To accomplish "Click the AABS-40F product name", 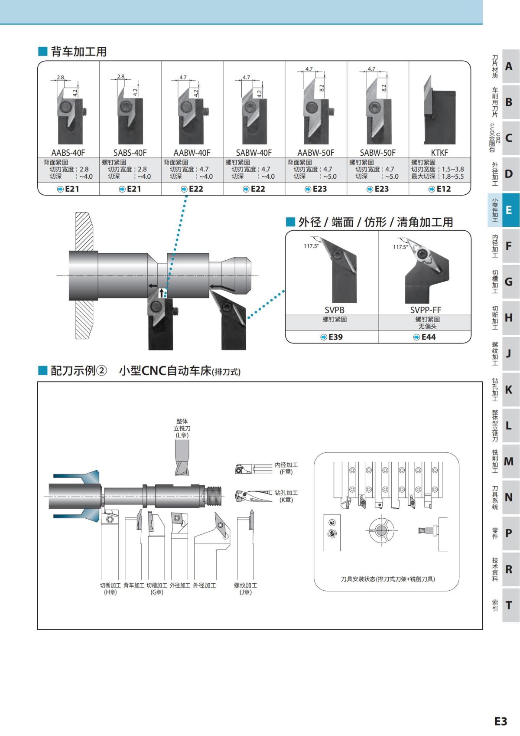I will (x=68, y=153).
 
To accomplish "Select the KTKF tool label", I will (x=439, y=153).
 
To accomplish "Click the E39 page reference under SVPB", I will (x=331, y=337).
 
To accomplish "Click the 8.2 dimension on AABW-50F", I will (x=322, y=87).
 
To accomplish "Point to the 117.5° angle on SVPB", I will (x=311, y=246).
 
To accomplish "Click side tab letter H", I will (x=508, y=318).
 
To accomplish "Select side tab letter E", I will (x=508, y=210).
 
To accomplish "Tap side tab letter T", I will (x=508, y=605).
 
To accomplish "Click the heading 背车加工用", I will (x=78, y=52).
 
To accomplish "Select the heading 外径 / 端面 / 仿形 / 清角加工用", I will (x=375, y=222).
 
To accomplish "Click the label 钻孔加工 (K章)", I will (x=286, y=496).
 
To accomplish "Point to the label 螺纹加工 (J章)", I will (x=245, y=589).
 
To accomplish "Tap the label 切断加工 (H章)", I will (x=110, y=589).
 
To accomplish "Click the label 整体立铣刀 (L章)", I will (x=182, y=428).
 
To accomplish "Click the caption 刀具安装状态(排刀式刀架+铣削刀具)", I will (x=387, y=579).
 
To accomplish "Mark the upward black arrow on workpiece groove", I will (x=162, y=293).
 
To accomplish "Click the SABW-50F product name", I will (x=377, y=153).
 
